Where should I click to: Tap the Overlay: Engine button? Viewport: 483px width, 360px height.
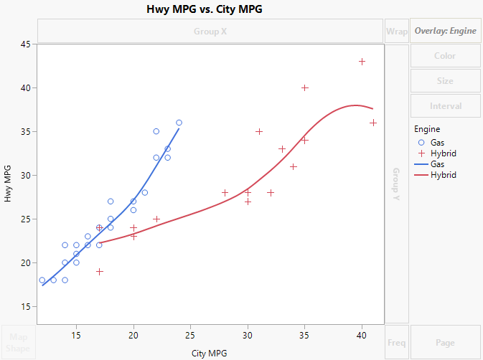[x=445, y=31]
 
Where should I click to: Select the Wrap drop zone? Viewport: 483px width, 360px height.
[x=396, y=31]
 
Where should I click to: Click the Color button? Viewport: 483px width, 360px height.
[x=445, y=56]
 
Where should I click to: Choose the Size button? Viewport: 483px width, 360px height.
[x=445, y=81]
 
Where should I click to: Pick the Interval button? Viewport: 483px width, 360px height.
[x=445, y=106]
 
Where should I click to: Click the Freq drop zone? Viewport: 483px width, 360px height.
[x=396, y=342]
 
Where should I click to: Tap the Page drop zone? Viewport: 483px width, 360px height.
[x=445, y=342]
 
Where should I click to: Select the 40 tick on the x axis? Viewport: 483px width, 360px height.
[x=362, y=336]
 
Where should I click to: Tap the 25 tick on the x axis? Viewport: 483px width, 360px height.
[x=191, y=336]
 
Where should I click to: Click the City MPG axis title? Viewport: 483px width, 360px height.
[x=211, y=353]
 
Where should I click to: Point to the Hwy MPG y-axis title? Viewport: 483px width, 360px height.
[x=9, y=183]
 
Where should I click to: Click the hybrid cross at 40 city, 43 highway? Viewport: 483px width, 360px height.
[x=362, y=62]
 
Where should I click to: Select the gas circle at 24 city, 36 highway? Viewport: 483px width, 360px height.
[x=179, y=123]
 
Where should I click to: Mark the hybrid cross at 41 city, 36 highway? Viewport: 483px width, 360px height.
[x=373, y=123]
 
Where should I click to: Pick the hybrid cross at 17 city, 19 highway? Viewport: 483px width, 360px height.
[x=100, y=272]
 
